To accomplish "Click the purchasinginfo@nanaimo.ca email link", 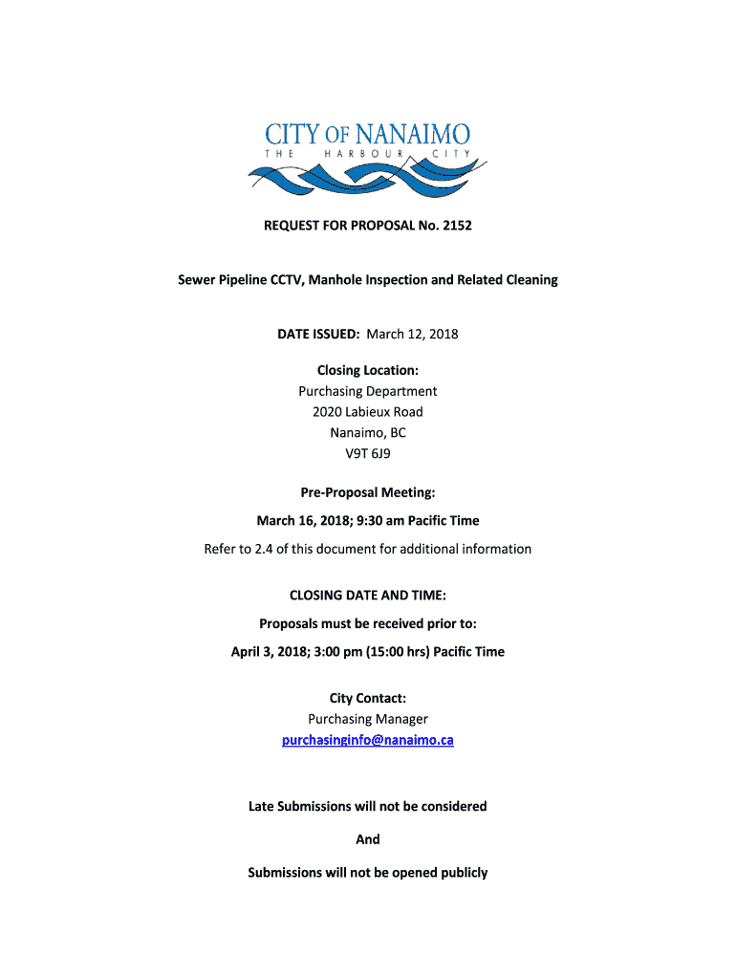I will click(368, 740).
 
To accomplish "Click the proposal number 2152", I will click(455, 227).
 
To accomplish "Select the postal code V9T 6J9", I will click(368, 454).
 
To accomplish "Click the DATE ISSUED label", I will click(318, 334).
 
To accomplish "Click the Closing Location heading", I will click(368, 370).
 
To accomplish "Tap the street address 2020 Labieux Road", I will click(368, 412).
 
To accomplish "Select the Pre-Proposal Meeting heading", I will click(368, 493).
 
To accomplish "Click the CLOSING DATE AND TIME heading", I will click(368, 595).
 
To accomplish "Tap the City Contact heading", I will click(368, 699).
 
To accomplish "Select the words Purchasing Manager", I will click(368, 719).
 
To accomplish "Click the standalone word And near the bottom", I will click(368, 839).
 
